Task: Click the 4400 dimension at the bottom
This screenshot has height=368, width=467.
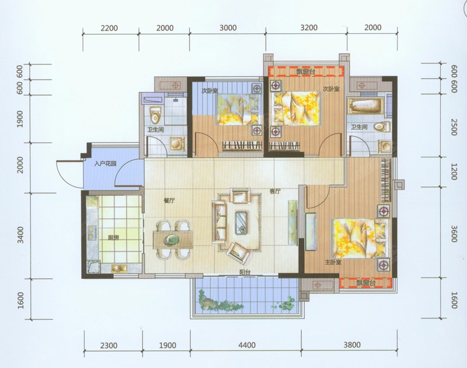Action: click(247, 345)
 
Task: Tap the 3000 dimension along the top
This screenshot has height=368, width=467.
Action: click(228, 28)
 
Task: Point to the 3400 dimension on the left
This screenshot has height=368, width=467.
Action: click(20, 235)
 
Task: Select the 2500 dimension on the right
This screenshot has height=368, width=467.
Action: click(454, 127)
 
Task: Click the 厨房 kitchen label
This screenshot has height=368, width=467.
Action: click(113, 238)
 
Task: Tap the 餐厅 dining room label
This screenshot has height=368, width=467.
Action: click(169, 201)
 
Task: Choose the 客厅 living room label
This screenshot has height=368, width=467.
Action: click(275, 192)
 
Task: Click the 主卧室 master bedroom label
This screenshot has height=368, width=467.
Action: click(333, 262)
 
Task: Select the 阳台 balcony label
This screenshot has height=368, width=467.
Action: click(245, 272)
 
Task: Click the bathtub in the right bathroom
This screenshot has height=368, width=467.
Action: click(366, 106)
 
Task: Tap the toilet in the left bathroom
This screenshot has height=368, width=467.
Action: click(155, 115)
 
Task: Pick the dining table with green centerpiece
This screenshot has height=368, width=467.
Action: click(173, 240)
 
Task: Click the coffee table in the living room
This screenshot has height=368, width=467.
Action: click(241, 223)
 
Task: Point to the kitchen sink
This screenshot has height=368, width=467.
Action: click(119, 268)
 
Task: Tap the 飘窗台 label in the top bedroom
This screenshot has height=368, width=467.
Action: click(305, 71)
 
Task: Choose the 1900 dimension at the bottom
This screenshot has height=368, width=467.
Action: click(168, 345)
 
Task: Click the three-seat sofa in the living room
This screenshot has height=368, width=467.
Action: click(218, 222)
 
